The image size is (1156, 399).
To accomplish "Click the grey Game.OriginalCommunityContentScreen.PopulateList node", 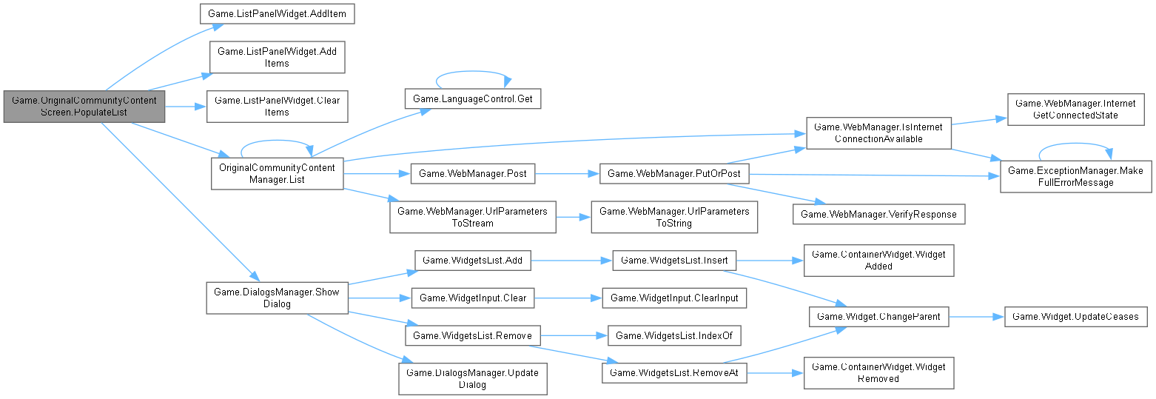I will pyautogui.click(x=84, y=107).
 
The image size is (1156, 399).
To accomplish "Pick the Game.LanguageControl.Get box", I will pyautogui.click(x=473, y=98).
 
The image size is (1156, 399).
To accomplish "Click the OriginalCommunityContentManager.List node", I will pyautogui.click(x=277, y=173).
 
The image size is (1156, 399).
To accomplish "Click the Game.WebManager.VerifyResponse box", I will pyautogui.click(x=880, y=214).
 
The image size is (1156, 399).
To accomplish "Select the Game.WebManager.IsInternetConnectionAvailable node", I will pyautogui.click(x=878, y=133).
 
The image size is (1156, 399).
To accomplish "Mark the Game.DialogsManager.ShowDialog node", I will pyautogui.click(x=277, y=298).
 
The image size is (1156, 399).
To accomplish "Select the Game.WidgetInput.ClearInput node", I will pyautogui.click(x=674, y=298).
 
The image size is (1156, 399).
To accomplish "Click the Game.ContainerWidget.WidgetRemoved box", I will pyautogui.click(x=878, y=372).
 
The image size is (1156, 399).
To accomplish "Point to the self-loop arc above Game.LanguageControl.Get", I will pyautogui.click(x=473, y=73).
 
